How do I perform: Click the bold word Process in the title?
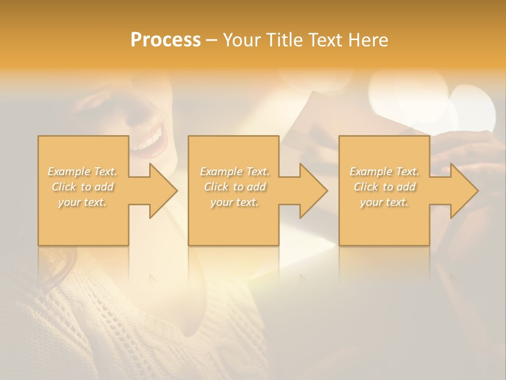pyautogui.click(x=166, y=40)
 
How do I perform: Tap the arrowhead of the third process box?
pyautogui.click(x=463, y=191)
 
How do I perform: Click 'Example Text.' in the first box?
pyautogui.click(x=83, y=172)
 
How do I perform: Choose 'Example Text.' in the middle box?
pyautogui.click(x=235, y=172)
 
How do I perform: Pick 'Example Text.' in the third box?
pyautogui.click(x=384, y=172)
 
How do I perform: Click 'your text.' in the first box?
pyautogui.click(x=82, y=202)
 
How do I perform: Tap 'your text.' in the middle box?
pyautogui.click(x=235, y=202)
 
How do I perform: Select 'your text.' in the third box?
pyautogui.click(x=384, y=202)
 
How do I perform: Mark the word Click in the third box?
pyautogui.click(x=366, y=187)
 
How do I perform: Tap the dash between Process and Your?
pyautogui.click(x=212, y=40)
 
